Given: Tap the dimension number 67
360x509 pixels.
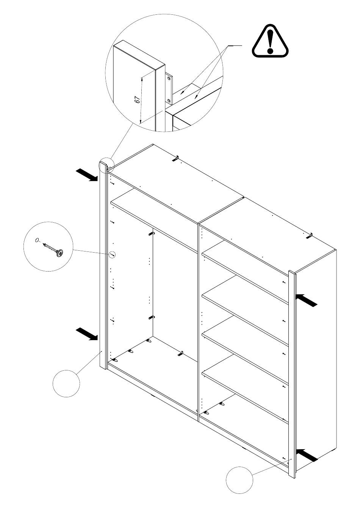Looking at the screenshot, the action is [x=137, y=100].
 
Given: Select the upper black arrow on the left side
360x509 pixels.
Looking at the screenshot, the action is [x=87, y=175].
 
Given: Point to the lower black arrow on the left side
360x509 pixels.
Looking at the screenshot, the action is [x=87, y=334].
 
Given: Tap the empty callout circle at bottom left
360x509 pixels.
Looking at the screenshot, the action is [x=66, y=384].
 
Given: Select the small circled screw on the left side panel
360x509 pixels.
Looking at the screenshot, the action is [x=112, y=255].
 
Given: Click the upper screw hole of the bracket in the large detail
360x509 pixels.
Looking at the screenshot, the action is [x=169, y=78].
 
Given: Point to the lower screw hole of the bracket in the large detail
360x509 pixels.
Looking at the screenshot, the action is [x=169, y=100].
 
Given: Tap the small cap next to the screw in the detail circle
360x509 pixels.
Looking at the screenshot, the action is [x=37, y=240].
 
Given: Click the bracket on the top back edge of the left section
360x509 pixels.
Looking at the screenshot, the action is [x=175, y=158].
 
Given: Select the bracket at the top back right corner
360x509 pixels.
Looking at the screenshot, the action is [x=309, y=236].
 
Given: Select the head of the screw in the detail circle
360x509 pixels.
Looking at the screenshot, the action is [x=60, y=253].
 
